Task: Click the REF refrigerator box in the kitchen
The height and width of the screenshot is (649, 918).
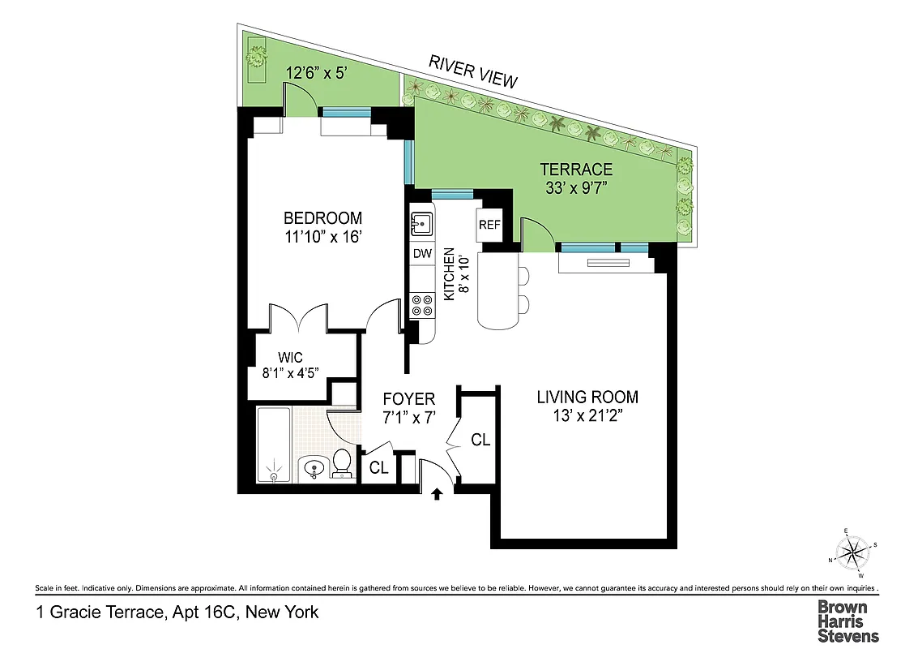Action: (489, 225)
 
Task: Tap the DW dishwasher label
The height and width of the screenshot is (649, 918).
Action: (422, 253)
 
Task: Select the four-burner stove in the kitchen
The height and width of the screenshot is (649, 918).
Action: (422, 305)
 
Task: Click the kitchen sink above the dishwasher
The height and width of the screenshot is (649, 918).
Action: (422, 221)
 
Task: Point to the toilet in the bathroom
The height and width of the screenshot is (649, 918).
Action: (342, 462)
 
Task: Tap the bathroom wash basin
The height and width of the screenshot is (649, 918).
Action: (312, 468)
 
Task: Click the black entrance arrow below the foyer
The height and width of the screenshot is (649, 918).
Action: (438, 492)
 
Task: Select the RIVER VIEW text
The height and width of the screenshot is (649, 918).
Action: (472, 71)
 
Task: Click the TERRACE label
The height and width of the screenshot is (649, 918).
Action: (576, 170)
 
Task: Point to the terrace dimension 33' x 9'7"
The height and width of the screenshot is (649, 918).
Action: (576, 189)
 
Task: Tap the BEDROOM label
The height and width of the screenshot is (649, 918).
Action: (322, 218)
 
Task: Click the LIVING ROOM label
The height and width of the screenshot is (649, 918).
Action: (587, 398)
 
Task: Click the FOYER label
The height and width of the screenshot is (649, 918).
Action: (409, 399)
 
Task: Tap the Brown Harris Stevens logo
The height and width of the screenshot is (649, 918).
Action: (847, 621)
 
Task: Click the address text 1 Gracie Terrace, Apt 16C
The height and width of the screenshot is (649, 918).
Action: (177, 612)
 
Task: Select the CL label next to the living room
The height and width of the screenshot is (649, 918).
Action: (480, 440)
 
